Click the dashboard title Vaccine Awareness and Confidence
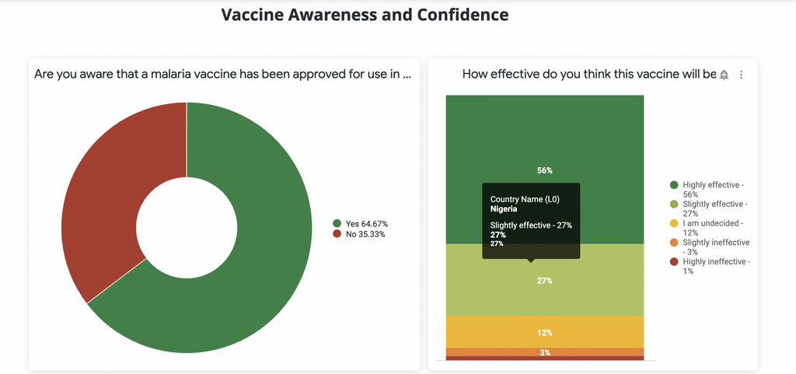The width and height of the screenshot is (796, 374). click(365, 15)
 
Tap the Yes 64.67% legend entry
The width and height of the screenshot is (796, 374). click(361, 224)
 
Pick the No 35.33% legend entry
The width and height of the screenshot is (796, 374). click(359, 234)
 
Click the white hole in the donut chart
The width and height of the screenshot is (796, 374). click(187, 228)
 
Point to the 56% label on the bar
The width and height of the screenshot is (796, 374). click(545, 170)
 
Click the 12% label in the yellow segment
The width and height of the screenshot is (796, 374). click(545, 333)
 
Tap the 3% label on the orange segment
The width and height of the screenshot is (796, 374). click(545, 352)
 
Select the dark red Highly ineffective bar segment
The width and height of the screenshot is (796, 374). click(545, 358)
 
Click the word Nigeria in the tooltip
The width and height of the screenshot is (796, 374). click(504, 208)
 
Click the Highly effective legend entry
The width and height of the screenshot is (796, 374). click(709, 189)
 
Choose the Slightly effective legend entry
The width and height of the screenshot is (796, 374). click(709, 208)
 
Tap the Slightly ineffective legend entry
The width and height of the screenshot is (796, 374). click(710, 247)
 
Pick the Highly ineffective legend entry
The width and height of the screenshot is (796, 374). click(710, 267)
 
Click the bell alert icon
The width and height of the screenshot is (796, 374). click(724, 75)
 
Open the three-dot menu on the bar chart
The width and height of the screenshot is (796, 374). click(741, 75)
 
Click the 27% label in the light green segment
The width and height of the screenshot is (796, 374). click(545, 281)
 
